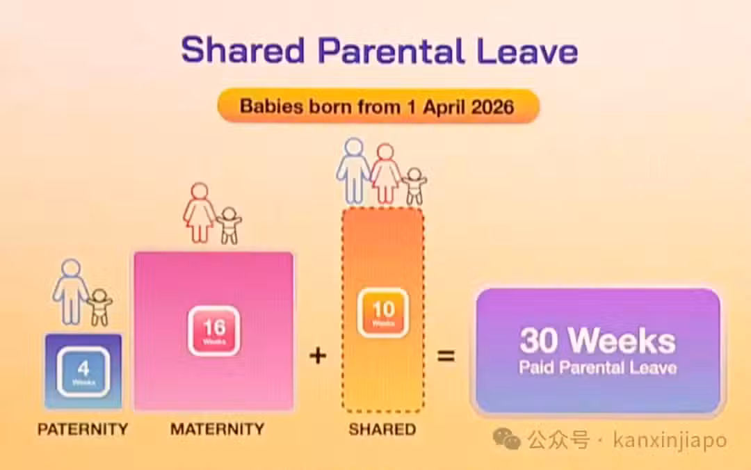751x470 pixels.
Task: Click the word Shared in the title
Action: [x=243, y=50]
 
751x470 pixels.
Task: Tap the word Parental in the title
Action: [x=391, y=50]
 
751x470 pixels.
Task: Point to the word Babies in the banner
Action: [x=272, y=106]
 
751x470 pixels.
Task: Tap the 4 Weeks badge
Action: [x=83, y=372]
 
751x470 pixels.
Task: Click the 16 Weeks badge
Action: [x=214, y=330]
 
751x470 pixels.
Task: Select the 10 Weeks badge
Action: [x=383, y=313]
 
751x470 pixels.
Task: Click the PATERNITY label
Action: [x=83, y=429]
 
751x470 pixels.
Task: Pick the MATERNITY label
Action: [x=218, y=429]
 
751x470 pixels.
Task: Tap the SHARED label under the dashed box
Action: [x=382, y=429]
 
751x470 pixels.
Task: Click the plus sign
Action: [x=318, y=356]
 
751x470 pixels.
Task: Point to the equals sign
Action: [x=446, y=356]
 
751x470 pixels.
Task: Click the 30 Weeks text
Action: [x=598, y=341]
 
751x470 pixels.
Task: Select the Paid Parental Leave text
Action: [x=598, y=368]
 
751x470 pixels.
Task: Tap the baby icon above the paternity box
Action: [x=99, y=307]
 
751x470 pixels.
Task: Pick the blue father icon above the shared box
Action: [x=353, y=171]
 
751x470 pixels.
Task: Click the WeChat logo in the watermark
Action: [x=507, y=439]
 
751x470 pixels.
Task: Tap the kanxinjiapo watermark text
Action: [x=670, y=440]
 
